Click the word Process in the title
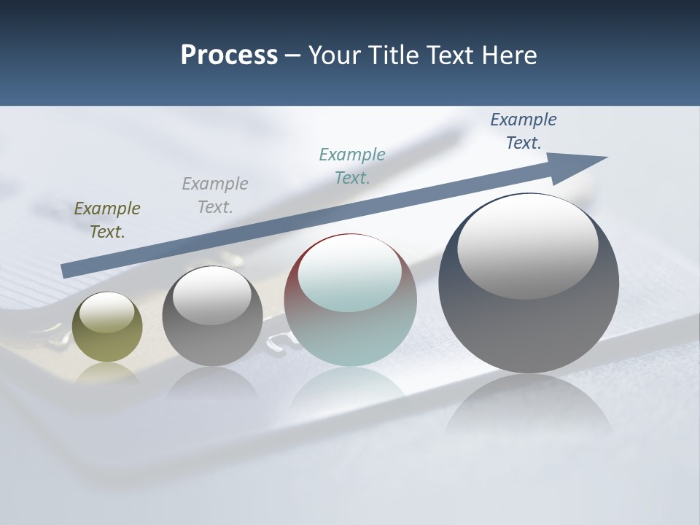pos(229,55)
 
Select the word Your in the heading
pos(334,55)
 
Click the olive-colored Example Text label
pos(107,220)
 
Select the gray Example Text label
pos(215,195)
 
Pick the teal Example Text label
pos(352,166)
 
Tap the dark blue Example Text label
pos(524,131)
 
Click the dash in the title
pos(292,55)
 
